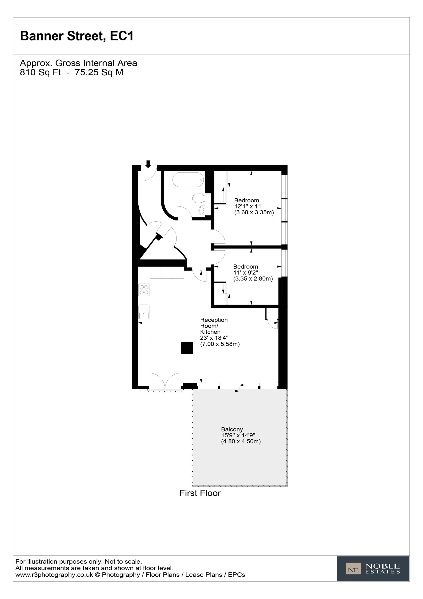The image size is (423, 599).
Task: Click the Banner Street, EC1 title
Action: [77, 36]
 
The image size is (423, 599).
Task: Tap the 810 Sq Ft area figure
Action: [40, 72]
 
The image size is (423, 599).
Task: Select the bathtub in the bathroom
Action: [188, 180]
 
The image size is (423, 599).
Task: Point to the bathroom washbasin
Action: [202, 210]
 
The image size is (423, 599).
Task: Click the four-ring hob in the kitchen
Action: [144, 290]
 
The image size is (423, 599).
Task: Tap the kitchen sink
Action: [144, 312]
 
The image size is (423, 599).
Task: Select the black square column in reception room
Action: [187, 348]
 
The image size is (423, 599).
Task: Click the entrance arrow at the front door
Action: [148, 164]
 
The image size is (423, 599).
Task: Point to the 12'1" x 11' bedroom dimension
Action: [248, 206]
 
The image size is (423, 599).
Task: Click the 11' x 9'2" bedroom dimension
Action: [246, 273]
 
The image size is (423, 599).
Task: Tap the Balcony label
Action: [232, 429]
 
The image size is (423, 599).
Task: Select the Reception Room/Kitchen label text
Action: [214, 326]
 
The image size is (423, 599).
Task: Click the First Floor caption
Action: [200, 493]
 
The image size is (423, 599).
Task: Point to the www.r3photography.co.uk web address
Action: [54, 575]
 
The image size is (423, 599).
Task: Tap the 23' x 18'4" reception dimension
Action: [214, 338]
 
